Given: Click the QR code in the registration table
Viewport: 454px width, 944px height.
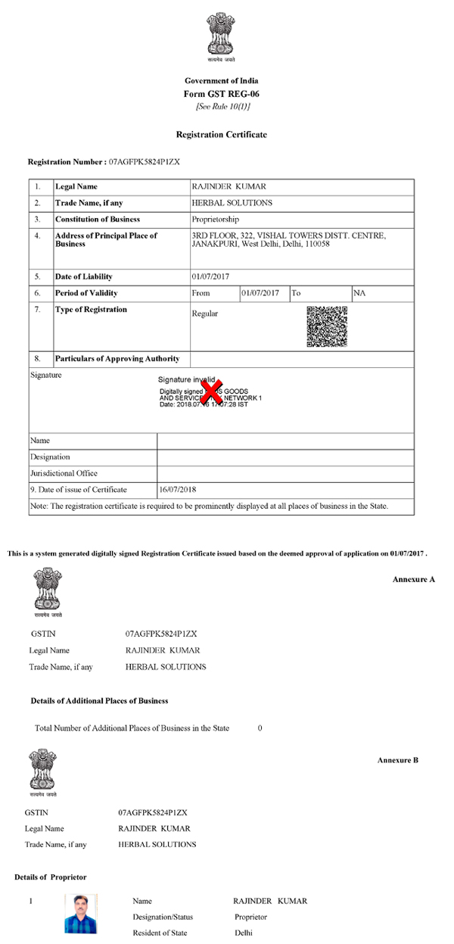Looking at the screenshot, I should tap(327, 326).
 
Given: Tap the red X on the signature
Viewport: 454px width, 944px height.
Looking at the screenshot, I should tap(213, 391).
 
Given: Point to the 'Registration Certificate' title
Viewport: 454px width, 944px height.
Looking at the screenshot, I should tap(221, 134).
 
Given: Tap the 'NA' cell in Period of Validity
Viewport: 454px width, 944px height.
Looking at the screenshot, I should tap(359, 293).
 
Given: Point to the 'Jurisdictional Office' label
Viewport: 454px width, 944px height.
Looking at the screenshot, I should tap(64, 473).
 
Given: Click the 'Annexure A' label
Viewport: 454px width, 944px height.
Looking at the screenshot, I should tap(414, 579).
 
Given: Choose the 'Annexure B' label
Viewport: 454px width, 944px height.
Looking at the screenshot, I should tap(398, 759).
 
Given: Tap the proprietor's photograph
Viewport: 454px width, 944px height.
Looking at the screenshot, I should tap(80, 914).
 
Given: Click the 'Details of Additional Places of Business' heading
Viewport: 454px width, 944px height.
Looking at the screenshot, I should tap(100, 701).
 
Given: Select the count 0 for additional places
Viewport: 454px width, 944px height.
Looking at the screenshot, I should tap(260, 727).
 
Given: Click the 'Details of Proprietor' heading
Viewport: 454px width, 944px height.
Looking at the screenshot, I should tap(51, 877).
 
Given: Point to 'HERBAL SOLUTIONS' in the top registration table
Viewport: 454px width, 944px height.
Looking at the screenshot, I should tap(232, 203).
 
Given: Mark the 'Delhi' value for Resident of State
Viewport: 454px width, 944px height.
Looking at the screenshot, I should tap(244, 933).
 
